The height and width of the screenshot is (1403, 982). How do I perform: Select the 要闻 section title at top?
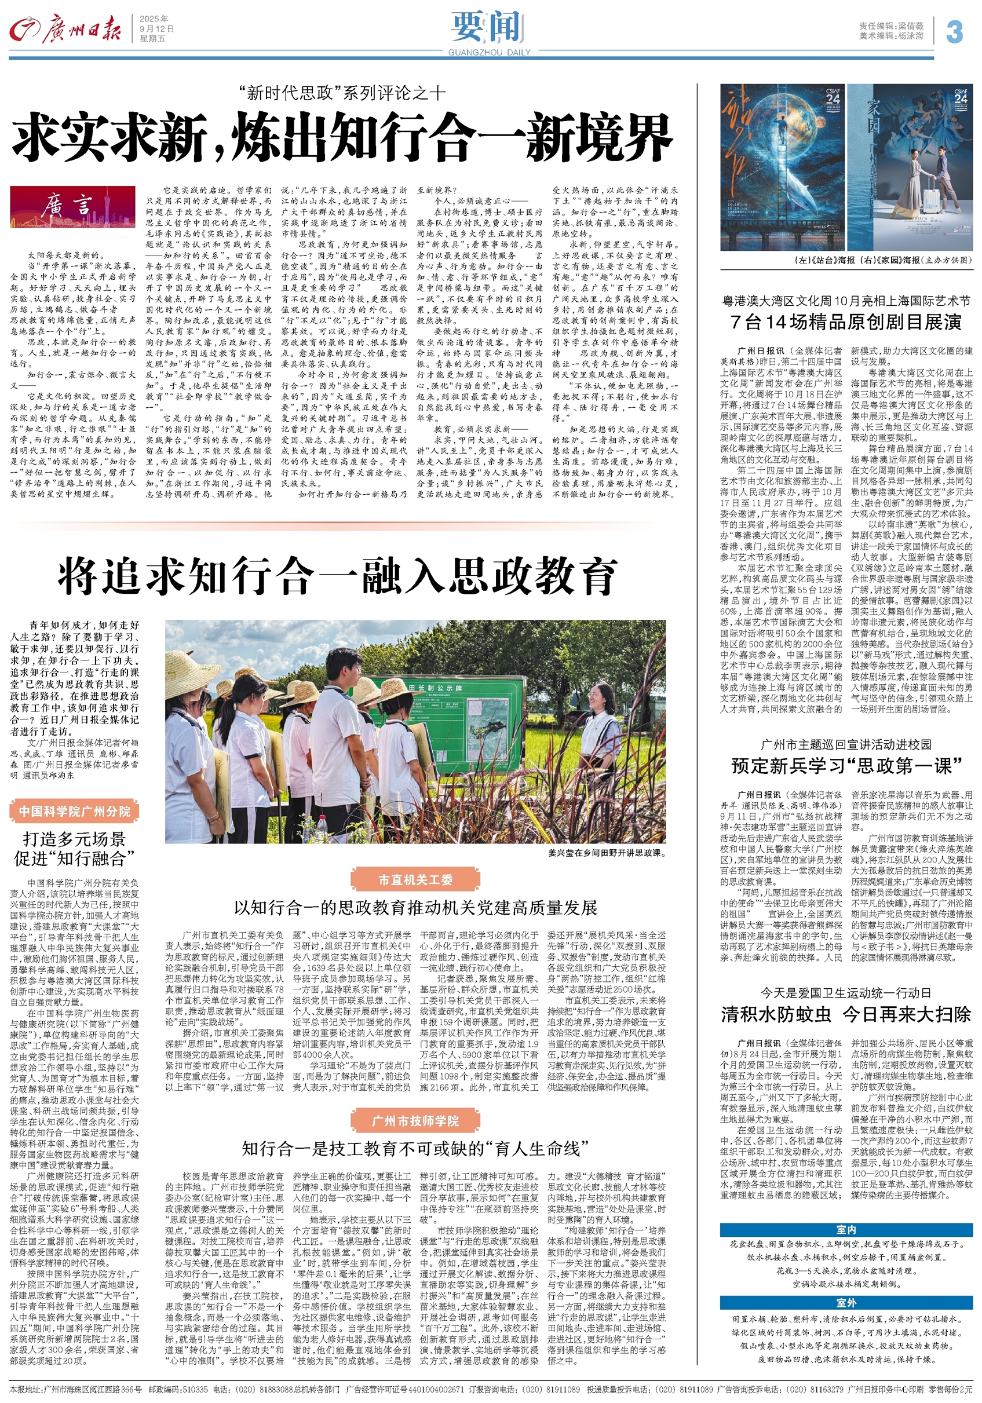click(x=488, y=27)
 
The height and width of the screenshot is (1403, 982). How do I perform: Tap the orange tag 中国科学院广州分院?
click(x=75, y=812)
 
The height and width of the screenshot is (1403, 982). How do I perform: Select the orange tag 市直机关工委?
click(x=415, y=880)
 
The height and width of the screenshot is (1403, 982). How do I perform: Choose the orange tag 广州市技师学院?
click(x=415, y=1121)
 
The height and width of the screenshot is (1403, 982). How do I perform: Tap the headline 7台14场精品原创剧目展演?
click(x=846, y=322)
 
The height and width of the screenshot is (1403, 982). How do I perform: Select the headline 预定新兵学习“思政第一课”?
click(x=846, y=765)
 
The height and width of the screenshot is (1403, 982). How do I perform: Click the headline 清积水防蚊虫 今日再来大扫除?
click(x=846, y=1015)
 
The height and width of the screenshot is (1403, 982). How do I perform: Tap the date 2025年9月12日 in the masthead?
click(x=157, y=29)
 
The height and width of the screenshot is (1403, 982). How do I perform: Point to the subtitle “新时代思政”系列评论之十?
click(x=342, y=93)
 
